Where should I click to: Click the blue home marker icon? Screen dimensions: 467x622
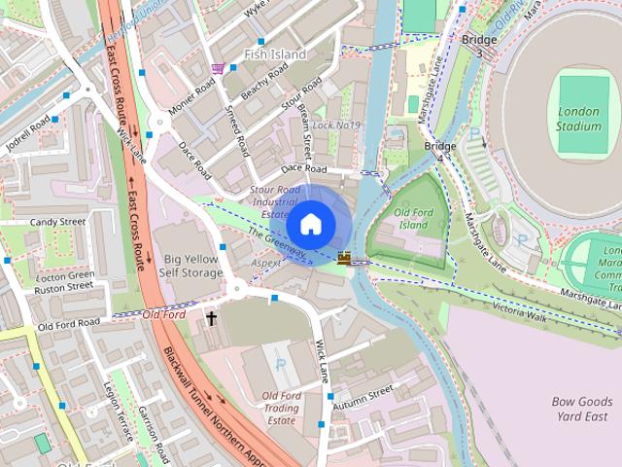tap(310, 225)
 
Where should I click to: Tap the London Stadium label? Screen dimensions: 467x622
tap(579, 119)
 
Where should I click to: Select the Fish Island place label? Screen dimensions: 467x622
tap(275, 54)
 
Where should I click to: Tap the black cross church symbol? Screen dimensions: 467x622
tap(211, 318)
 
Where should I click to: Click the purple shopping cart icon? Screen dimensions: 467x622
tap(218, 68)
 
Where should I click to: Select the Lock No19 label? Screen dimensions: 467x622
tap(336, 126)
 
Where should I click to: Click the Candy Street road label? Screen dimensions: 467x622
tap(57, 222)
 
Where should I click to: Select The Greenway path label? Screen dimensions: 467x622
tap(277, 244)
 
